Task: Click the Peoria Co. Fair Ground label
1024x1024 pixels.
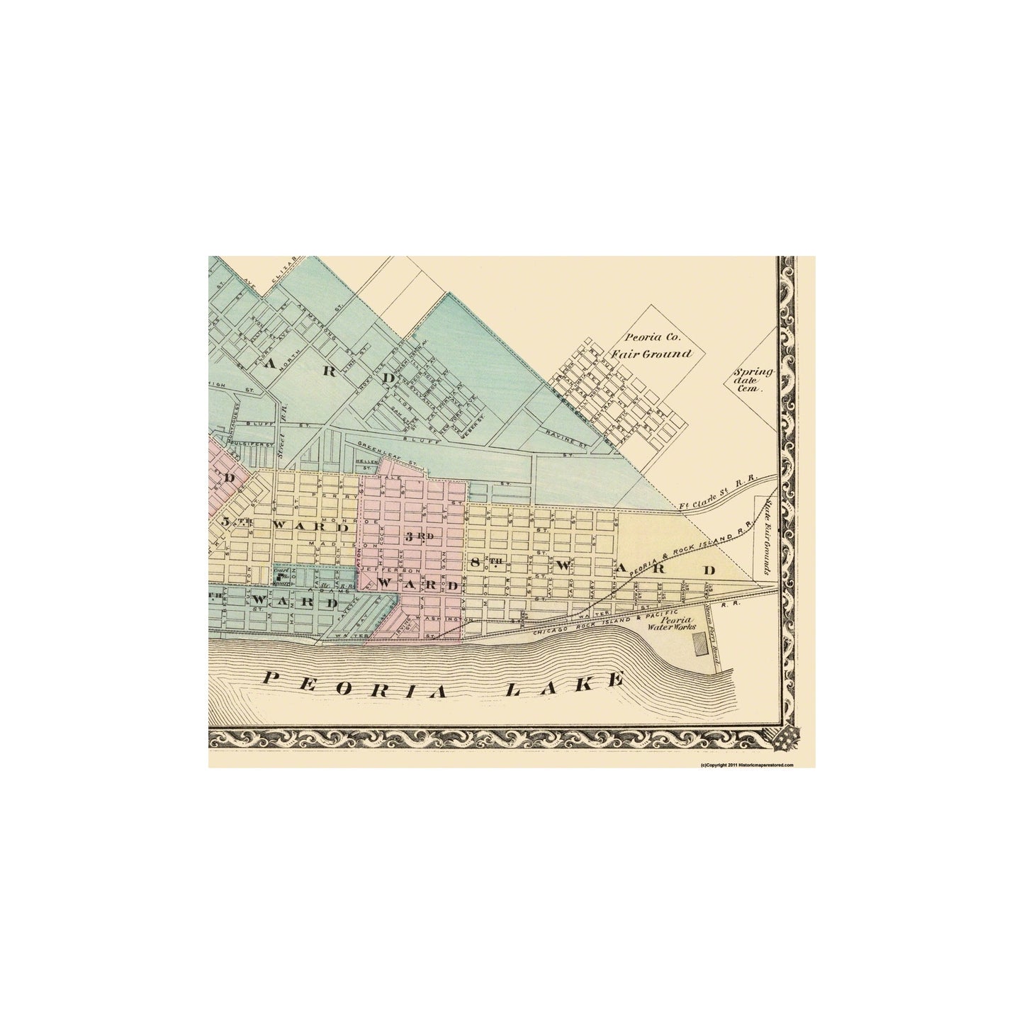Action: coord(656,346)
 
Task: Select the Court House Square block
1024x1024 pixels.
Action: coord(283,578)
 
